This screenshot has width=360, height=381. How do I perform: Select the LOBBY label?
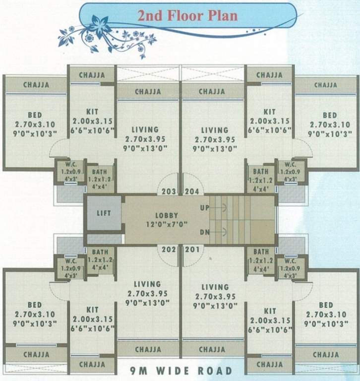[x=166, y=216]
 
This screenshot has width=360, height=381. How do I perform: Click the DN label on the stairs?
[x=204, y=232]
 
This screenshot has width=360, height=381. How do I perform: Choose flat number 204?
[x=191, y=191]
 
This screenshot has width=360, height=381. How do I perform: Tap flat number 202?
[x=169, y=249]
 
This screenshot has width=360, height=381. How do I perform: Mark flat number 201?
[x=191, y=249]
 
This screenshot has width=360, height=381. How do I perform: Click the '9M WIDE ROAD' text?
[x=180, y=371]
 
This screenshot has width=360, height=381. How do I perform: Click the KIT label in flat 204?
[x=269, y=112]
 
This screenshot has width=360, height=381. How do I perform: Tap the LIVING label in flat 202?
[x=147, y=284]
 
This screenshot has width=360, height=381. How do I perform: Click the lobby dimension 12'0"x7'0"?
[x=166, y=224]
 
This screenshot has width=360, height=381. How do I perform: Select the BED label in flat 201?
[x=326, y=305]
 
